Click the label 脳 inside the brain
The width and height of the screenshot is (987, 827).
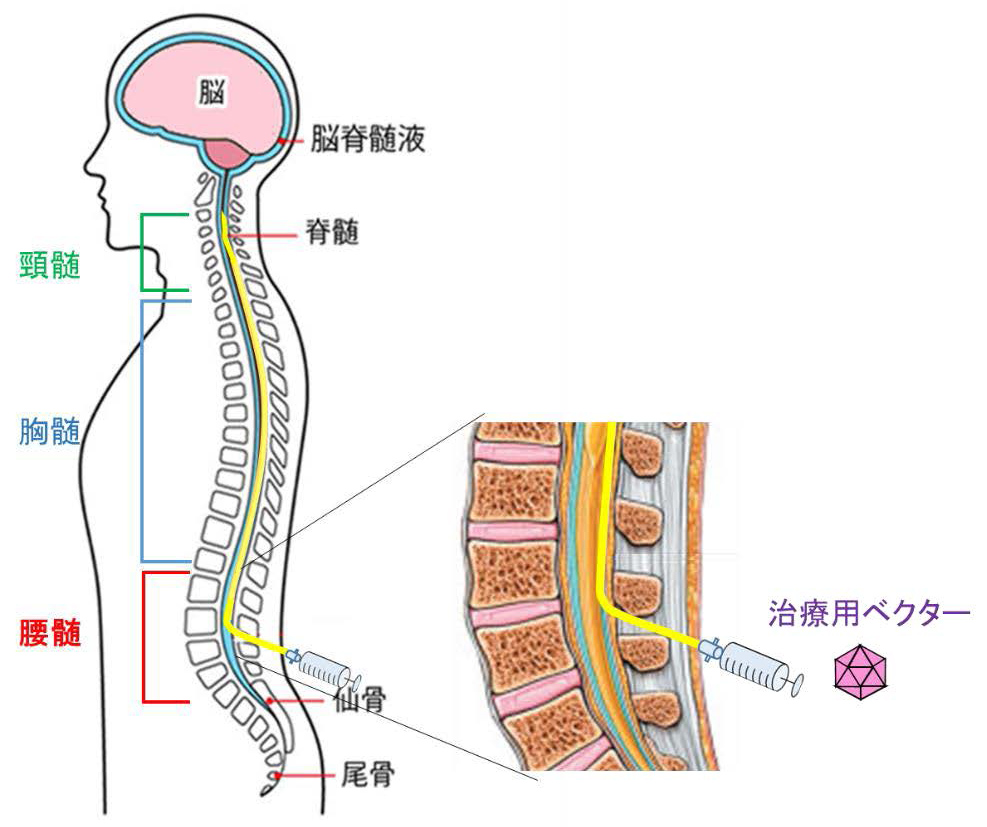(x=213, y=94)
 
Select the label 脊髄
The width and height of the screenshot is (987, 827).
(x=330, y=234)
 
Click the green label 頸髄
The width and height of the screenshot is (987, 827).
(x=49, y=265)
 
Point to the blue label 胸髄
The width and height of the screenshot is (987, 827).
(x=49, y=432)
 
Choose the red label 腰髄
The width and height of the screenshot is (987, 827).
(x=49, y=633)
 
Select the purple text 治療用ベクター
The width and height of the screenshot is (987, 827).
(x=869, y=612)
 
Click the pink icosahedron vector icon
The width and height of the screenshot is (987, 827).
(x=862, y=671)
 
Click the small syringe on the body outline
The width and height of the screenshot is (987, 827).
(x=322, y=664)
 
